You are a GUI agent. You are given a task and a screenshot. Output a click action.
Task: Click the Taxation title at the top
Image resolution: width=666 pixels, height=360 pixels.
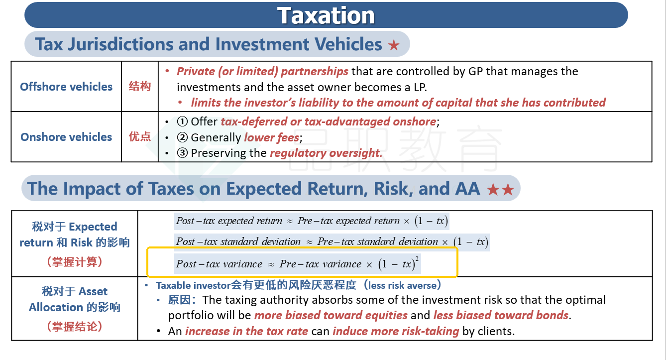(326, 15)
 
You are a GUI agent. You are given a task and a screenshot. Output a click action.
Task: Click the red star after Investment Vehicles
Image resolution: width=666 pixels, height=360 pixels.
(394, 45)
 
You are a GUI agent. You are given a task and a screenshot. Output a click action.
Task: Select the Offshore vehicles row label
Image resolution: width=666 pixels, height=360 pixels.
(66, 87)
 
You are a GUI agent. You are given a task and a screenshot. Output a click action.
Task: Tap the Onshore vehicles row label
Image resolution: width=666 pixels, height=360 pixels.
(66, 137)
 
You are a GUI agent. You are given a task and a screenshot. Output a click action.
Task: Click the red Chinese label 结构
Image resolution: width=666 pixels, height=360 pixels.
(140, 86)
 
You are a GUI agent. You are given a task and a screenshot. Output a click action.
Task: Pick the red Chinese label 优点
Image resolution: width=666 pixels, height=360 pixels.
(140, 136)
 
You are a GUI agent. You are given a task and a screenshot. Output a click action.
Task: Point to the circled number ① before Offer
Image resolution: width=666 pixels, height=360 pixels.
(182, 121)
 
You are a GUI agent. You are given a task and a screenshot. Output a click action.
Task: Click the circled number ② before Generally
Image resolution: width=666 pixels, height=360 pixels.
(182, 137)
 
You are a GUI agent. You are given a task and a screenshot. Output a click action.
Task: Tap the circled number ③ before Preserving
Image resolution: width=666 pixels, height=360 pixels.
(182, 153)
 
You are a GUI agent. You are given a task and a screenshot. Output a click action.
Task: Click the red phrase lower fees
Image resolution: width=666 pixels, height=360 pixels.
(271, 137)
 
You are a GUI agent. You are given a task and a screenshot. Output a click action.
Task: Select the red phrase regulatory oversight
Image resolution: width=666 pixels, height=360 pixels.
(326, 153)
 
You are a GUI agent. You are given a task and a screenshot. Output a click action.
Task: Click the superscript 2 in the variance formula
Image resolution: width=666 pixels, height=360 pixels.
(417, 258)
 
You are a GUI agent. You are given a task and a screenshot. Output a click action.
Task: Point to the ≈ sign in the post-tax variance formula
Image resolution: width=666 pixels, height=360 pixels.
(271, 264)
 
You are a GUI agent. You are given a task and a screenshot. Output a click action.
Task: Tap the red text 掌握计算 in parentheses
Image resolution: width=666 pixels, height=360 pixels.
(75, 262)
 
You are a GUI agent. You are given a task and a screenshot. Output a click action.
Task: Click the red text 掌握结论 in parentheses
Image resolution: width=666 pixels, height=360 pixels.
(75, 326)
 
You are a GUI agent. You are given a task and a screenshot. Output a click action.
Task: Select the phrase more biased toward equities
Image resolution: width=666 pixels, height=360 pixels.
(331, 315)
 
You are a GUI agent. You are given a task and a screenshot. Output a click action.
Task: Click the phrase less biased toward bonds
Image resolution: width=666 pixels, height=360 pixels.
(501, 315)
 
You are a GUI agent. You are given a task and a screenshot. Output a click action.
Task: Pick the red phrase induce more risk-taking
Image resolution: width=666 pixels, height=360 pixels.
(396, 331)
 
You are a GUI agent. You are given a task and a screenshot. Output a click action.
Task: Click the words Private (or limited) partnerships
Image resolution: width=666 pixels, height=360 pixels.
(262, 71)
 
